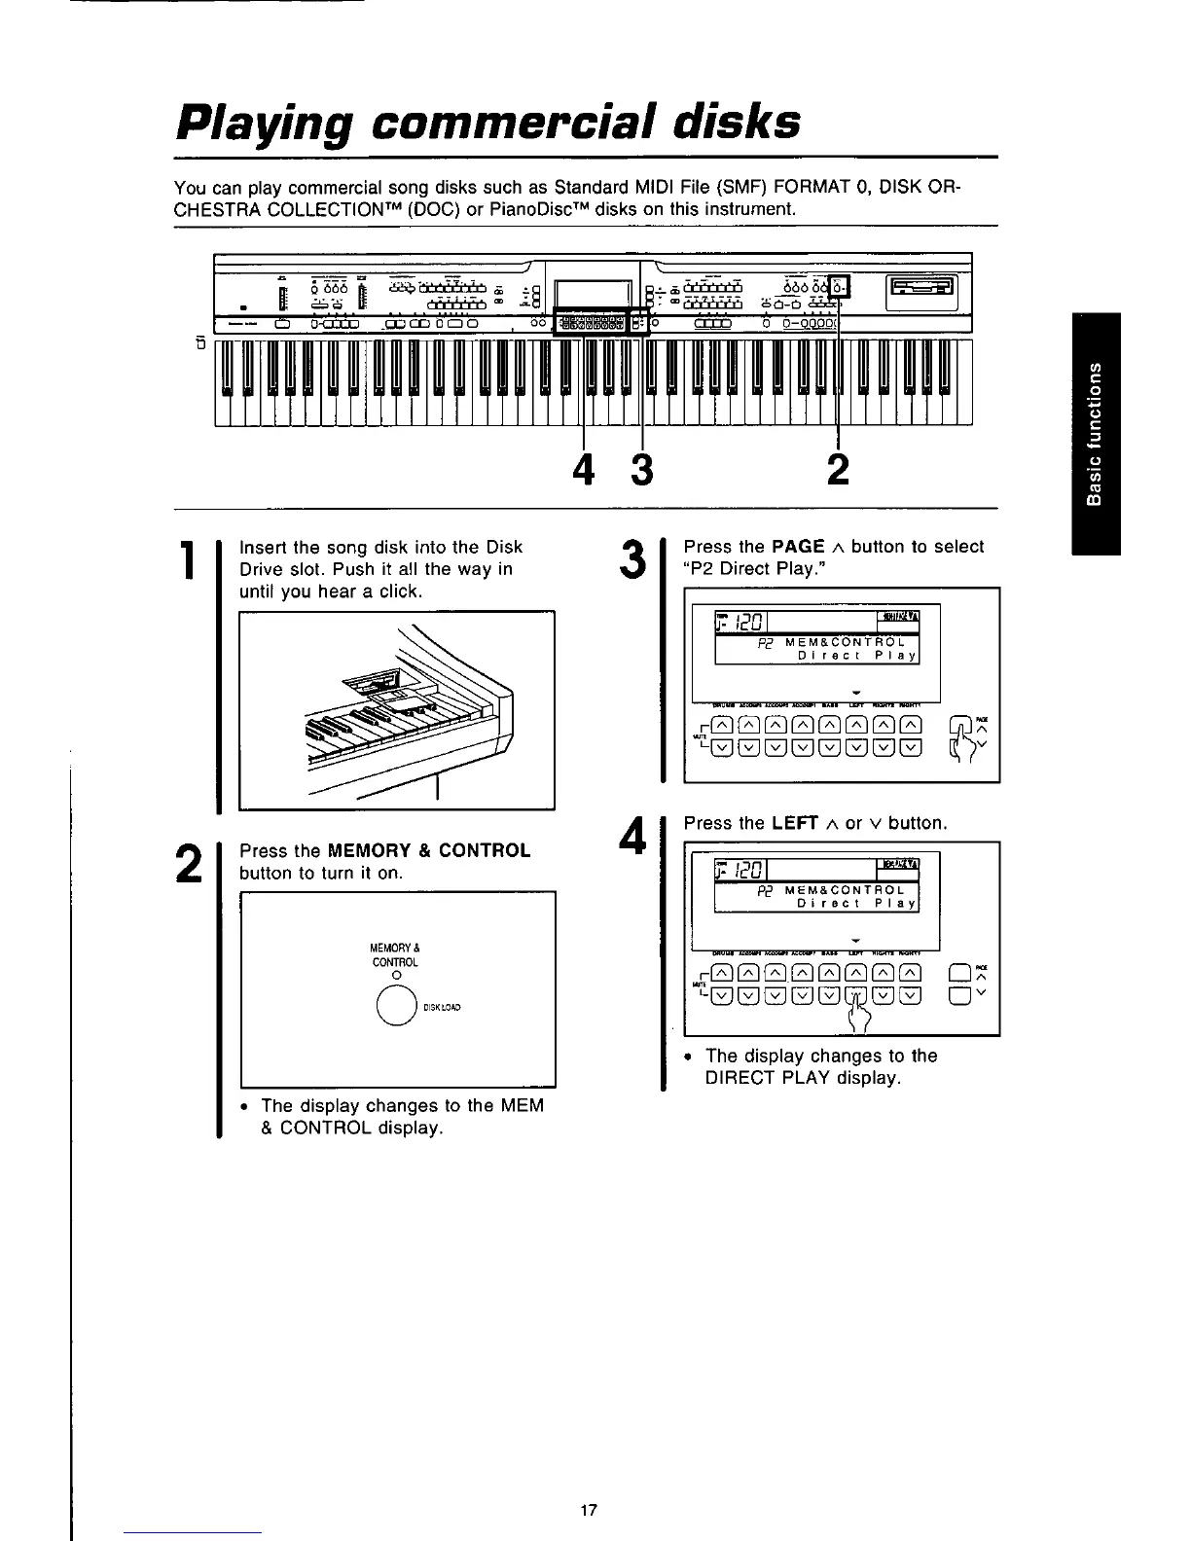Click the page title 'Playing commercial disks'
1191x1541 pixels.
[x=487, y=123]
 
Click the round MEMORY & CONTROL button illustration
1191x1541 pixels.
[x=397, y=1007]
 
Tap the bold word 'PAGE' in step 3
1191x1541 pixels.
[x=798, y=547]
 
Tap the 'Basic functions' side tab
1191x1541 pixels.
[x=1096, y=434]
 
